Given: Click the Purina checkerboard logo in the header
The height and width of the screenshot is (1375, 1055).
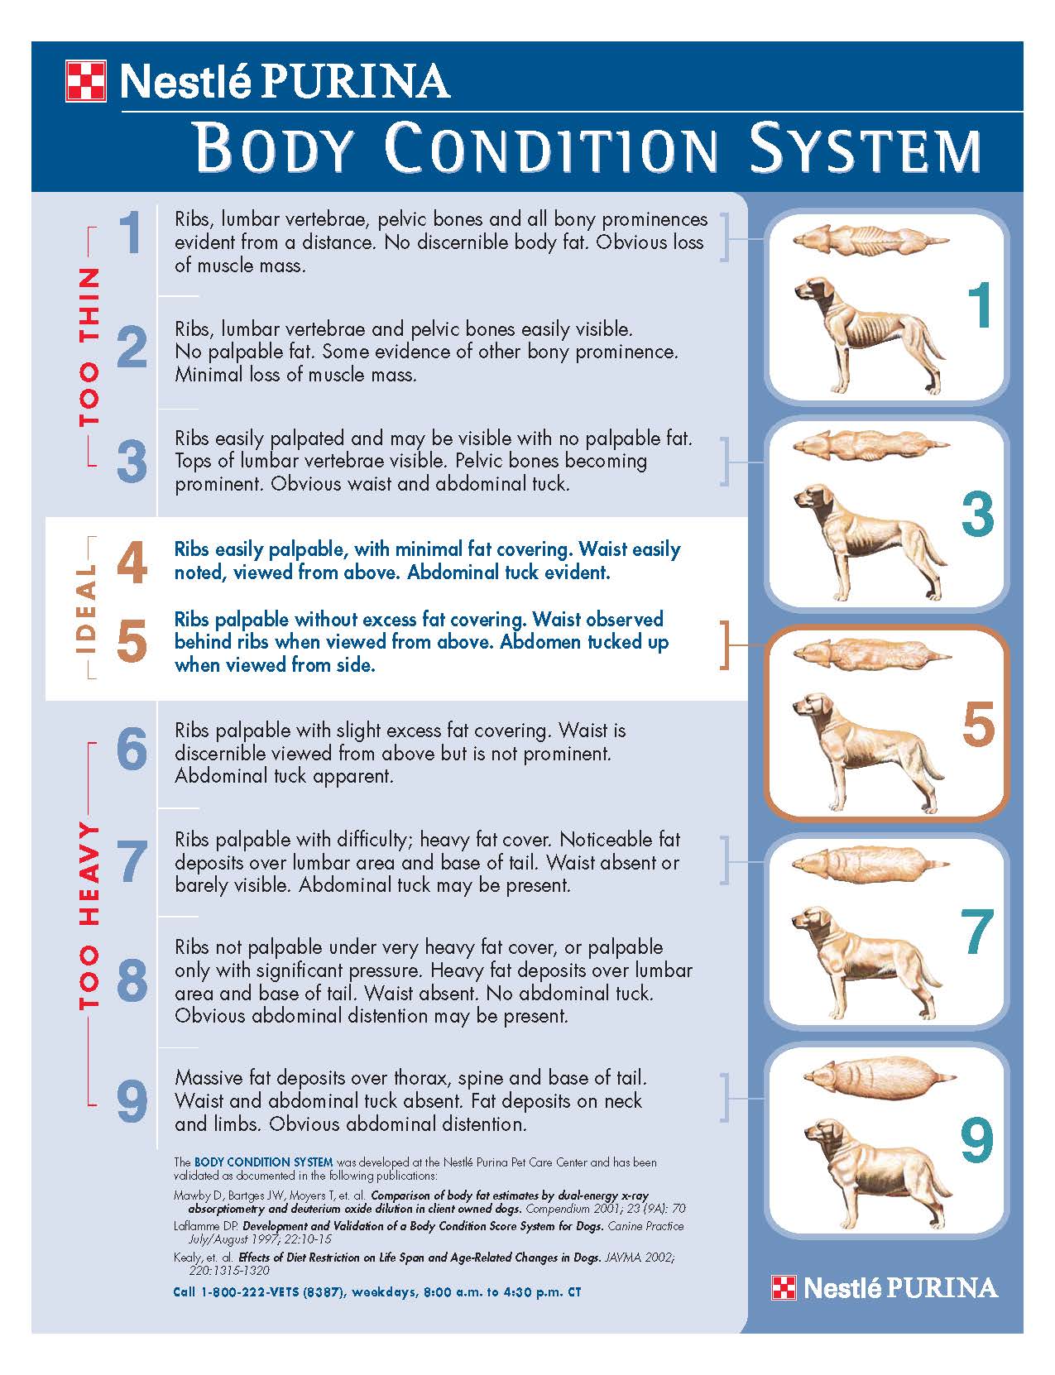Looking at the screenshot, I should tap(85, 81).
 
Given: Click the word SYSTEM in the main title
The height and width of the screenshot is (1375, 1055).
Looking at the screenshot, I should tap(865, 150).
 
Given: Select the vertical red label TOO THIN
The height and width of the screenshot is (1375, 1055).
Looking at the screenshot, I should tap(89, 346).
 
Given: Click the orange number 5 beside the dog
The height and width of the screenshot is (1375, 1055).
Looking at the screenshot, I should tap(978, 724).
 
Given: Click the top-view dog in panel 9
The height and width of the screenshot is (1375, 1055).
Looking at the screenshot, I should tap(877, 1078).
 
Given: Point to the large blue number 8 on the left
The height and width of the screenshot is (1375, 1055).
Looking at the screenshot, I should tap(132, 981).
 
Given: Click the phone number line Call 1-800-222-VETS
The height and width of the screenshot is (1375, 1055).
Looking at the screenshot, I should tap(376, 1291).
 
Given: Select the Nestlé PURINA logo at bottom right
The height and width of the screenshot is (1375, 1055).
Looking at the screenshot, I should tap(885, 1287).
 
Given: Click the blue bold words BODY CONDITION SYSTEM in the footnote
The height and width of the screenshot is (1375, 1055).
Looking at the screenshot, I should tap(263, 1162).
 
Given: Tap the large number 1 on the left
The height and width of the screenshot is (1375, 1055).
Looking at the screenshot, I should tap(131, 233).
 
